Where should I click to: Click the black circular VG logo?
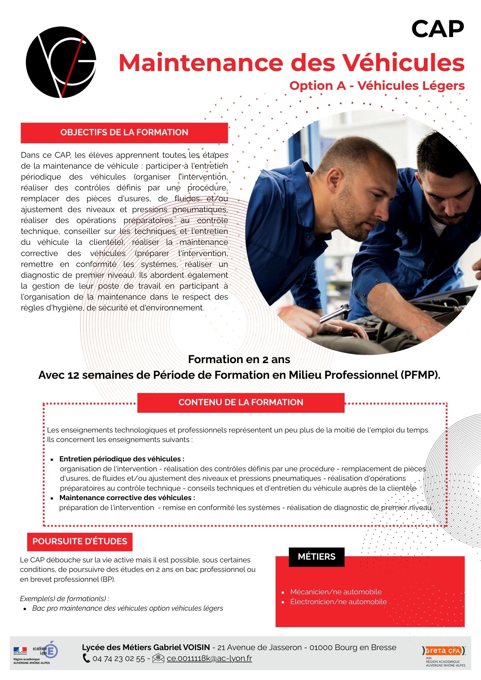(x=61, y=62)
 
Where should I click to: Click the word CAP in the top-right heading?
(x=437, y=29)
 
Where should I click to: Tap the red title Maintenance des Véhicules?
(x=291, y=63)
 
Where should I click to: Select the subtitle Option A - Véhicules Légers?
(x=377, y=86)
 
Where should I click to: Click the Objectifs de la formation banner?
(x=124, y=133)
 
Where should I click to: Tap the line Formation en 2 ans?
(x=239, y=359)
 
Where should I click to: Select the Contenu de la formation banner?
(x=240, y=403)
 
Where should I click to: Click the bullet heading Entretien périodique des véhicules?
(x=122, y=459)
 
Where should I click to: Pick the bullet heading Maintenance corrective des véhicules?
(x=127, y=498)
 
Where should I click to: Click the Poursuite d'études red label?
(x=80, y=542)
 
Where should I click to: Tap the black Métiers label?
(x=316, y=557)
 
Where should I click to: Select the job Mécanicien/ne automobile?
(x=336, y=592)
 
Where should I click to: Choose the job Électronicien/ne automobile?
(x=338, y=602)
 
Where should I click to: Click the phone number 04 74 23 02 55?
(x=118, y=659)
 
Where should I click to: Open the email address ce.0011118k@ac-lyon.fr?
(x=209, y=658)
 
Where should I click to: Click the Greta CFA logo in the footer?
(x=444, y=651)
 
